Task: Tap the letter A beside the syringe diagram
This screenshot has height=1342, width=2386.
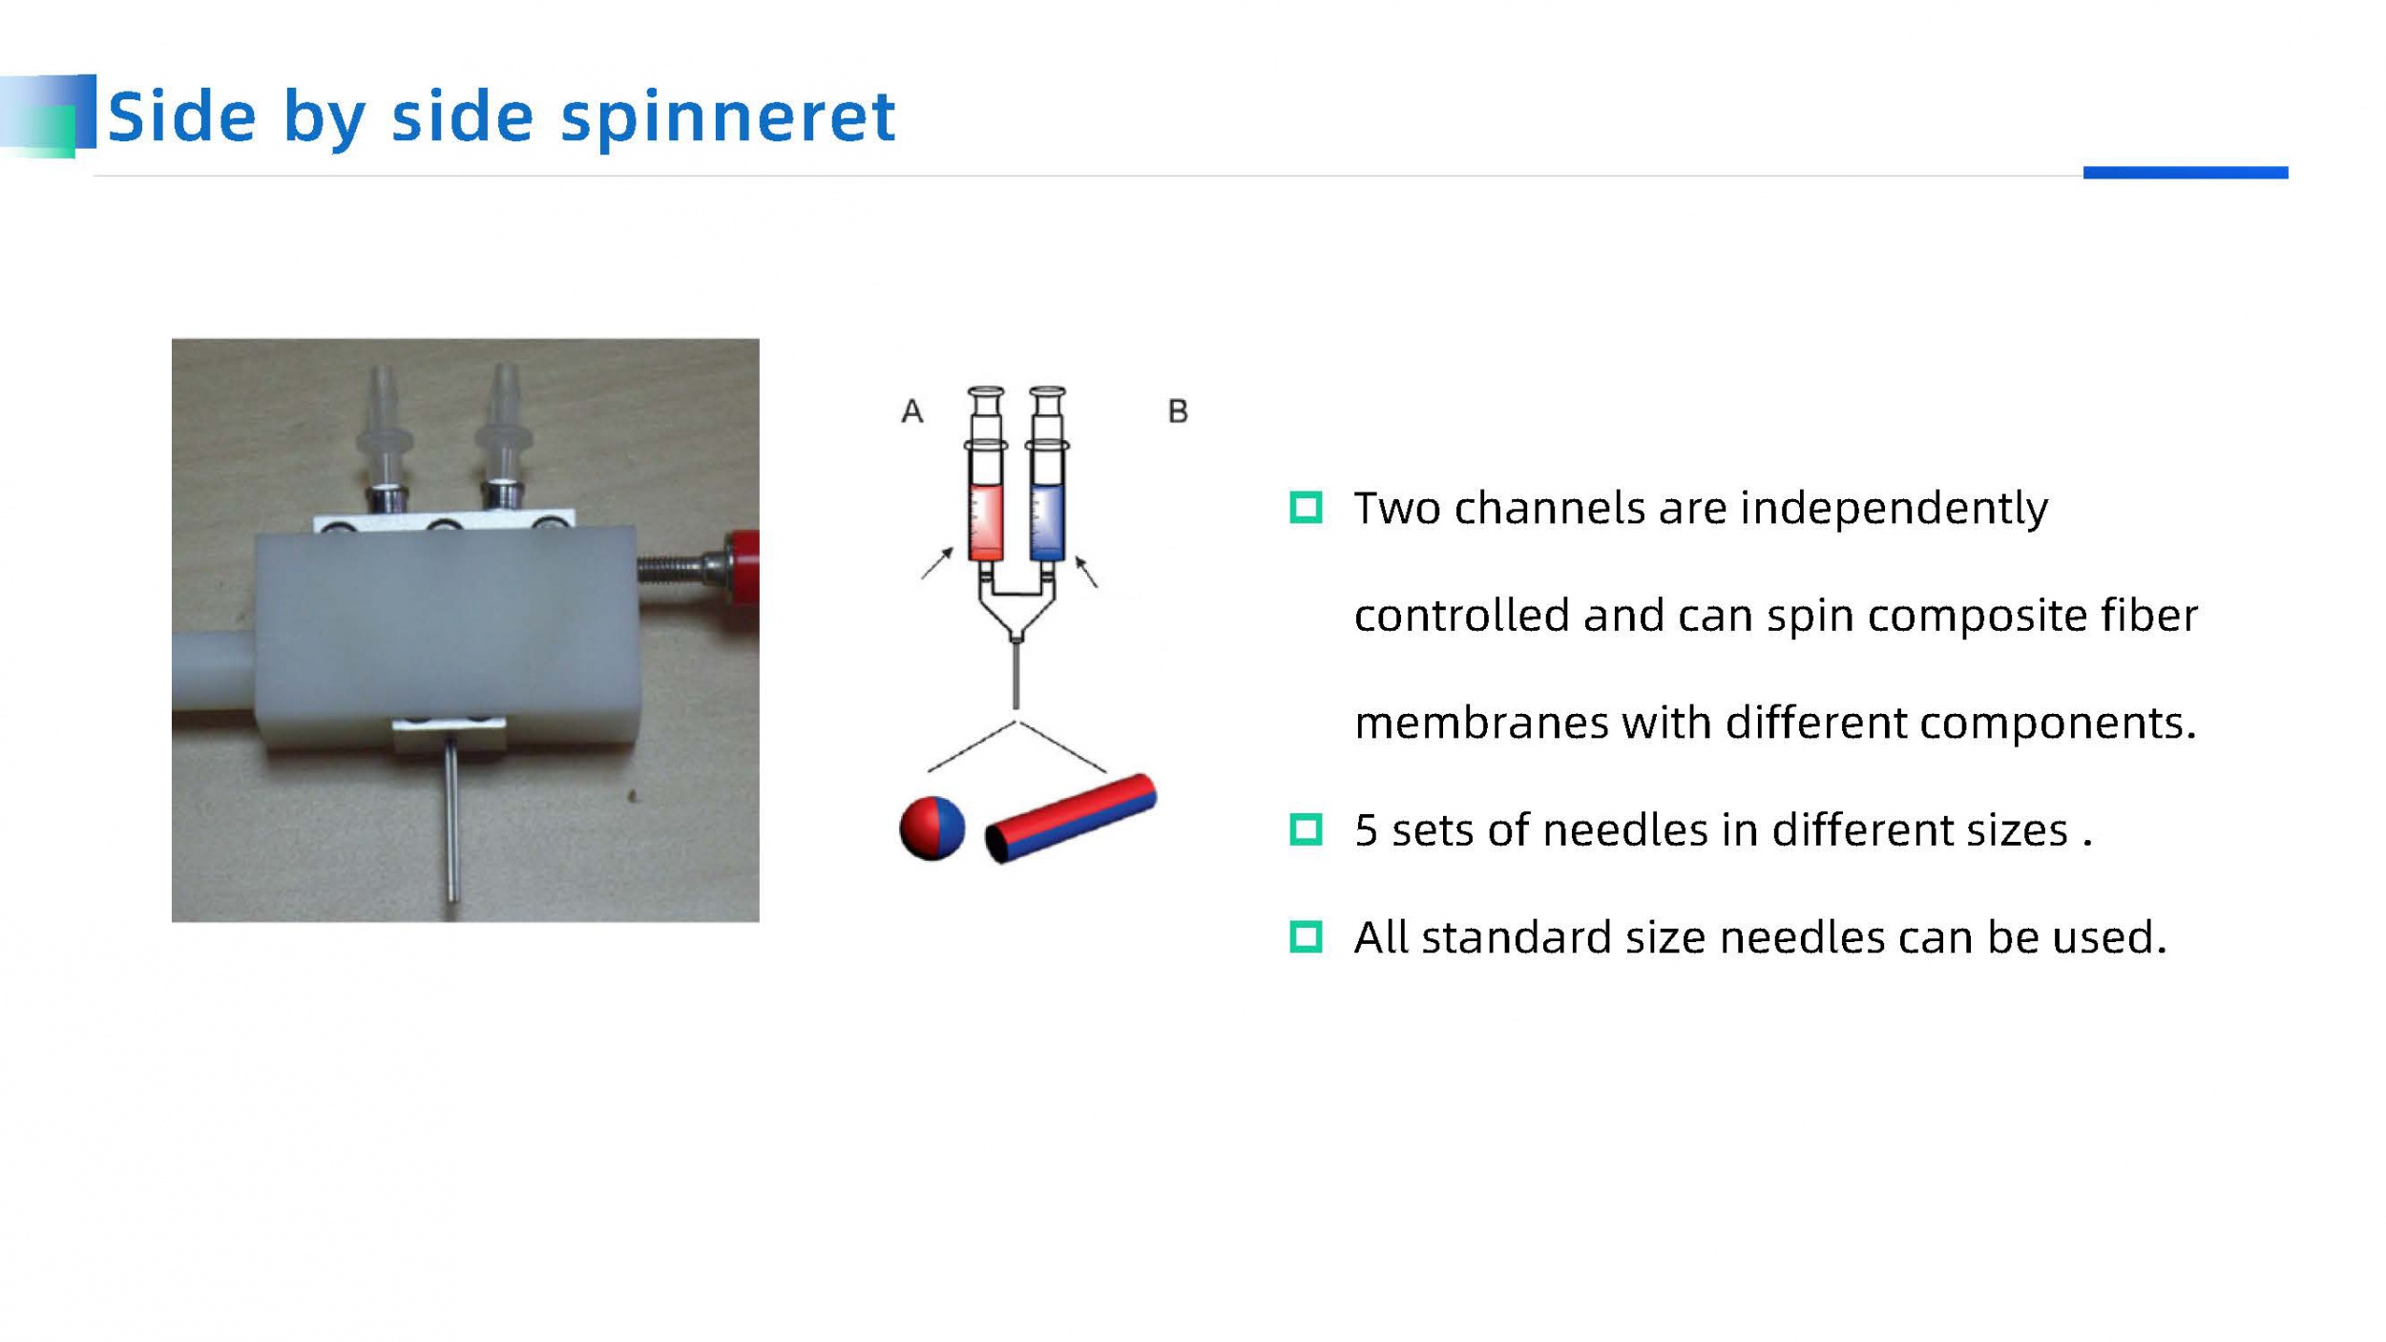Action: pos(911,411)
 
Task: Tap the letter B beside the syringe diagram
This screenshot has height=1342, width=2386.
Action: pos(1178,411)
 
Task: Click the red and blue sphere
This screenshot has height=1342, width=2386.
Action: pos(932,828)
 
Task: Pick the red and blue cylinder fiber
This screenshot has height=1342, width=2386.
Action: pos(1071,818)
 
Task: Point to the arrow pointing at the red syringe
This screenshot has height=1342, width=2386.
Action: pos(937,563)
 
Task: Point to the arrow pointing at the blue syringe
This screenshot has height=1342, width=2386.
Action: pos(1086,571)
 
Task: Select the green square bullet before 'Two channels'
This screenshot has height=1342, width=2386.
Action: pos(1306,507)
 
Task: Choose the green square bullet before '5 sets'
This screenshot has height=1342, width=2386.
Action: pos(1306,828)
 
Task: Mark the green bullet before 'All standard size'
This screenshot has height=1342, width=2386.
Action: pos(1306,936)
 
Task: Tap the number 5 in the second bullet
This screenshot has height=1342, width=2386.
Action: pos(1366,830)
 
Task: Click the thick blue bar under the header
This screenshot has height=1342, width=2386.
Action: pos(2186,173)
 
